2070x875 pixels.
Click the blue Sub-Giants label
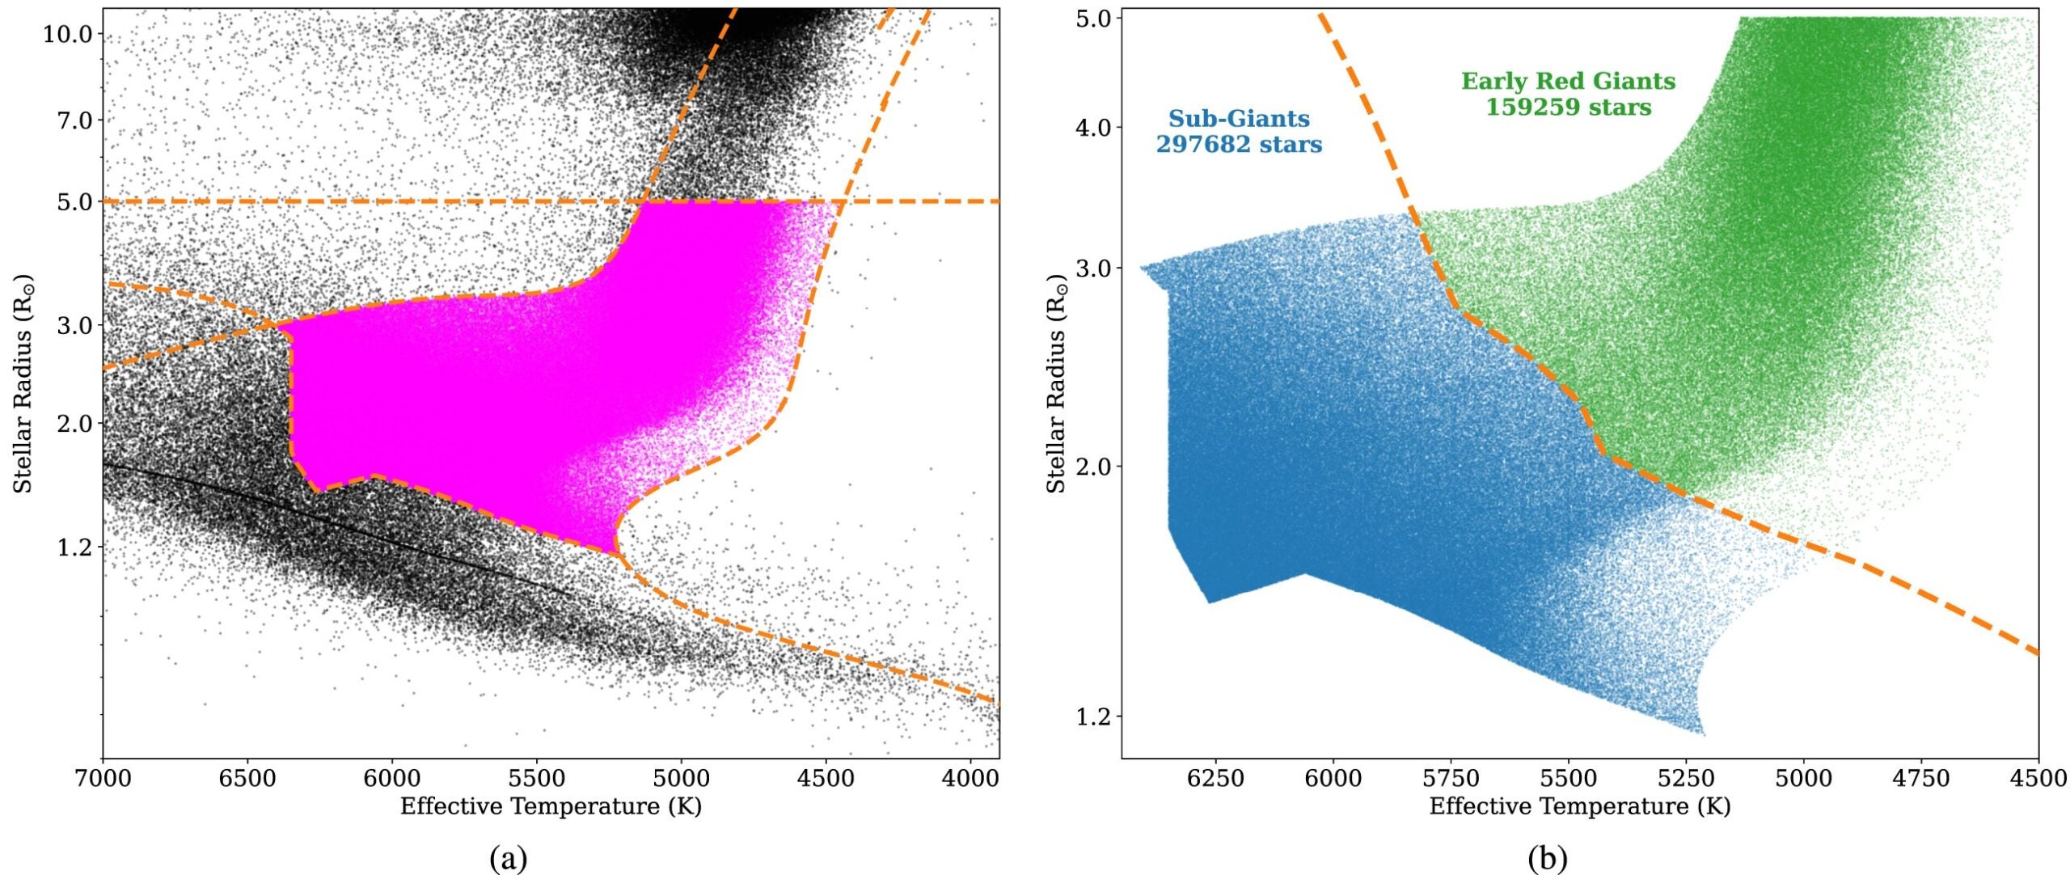click(x=1239, y=119)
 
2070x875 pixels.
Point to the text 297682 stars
click(x=1239, y=145)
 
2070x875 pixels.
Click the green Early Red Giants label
click(x=1568, y=82)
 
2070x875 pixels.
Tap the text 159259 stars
click(x=1568, y=108)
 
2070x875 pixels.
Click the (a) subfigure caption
click(x=509, y=858)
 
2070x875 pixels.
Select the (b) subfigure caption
click(x=1547, y=858)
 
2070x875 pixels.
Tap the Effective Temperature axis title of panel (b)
click(x=1579, y=806)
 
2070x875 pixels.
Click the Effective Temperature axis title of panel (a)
click(x=551, y=806)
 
